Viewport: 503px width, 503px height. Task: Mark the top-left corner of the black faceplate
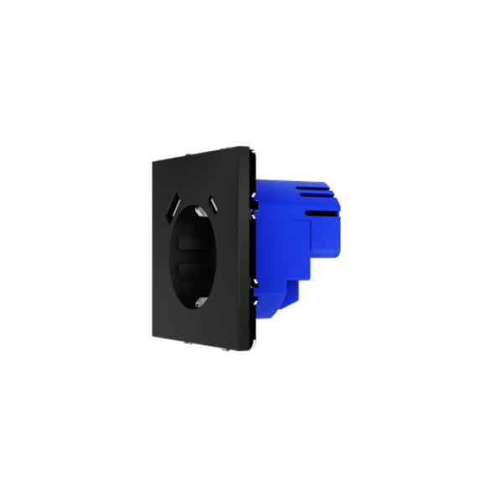coord(151,162)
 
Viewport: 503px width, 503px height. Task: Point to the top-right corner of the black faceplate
coord(250,148)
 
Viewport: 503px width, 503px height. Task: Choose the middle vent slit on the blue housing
coord(320,202)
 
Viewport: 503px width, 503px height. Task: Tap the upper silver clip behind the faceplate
coord(255,198)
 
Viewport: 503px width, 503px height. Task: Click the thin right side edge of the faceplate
coord(251,251)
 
